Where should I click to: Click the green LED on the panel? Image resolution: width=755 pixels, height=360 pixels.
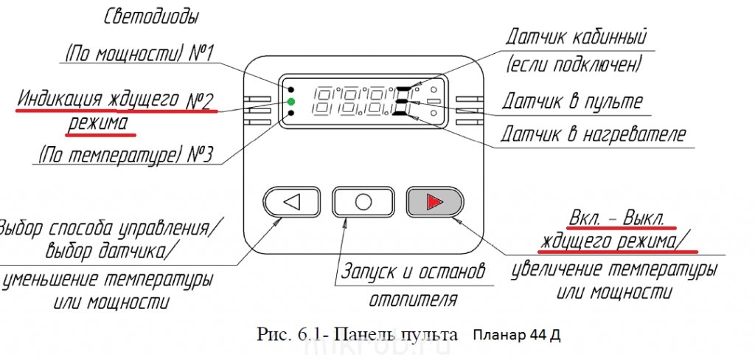[291, 101]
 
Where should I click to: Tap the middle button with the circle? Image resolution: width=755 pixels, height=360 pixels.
[363, 201]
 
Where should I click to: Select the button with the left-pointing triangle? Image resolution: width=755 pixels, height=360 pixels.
[293, 201]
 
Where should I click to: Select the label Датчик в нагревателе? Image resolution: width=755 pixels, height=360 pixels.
[594, 134]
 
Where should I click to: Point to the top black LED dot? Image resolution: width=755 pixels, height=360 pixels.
[292, 88]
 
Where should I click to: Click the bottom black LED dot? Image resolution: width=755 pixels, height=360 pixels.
[292, 114]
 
